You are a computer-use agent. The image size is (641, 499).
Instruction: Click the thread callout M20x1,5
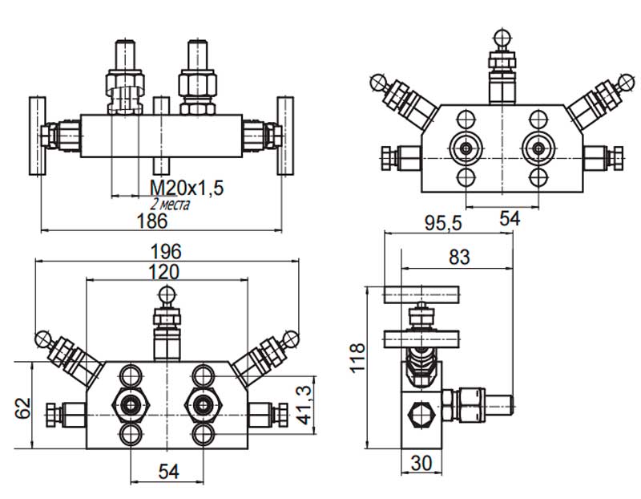[x=187, y=189]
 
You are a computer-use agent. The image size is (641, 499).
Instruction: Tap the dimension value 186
[x=152, y=221]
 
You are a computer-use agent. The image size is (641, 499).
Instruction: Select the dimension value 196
[x=166, y=251]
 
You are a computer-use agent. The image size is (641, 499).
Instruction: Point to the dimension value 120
[x=163, y=272]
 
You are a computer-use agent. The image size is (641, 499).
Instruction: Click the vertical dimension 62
[x=23, y=408]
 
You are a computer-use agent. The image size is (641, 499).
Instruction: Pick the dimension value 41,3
[x=304, y=405]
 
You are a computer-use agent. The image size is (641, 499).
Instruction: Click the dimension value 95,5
[x=443, y=224]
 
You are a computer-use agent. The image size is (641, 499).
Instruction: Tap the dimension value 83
[x=459, y=258]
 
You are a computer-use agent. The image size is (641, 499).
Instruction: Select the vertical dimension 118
[x=357, y=358]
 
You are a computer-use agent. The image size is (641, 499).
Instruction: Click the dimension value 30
[x=421, y=464]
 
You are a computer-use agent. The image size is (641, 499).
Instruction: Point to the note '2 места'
[x=170, y=204]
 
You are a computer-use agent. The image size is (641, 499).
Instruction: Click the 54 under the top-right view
[x=510, y=218]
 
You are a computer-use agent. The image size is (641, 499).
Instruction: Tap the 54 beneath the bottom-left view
[x=168, y=472]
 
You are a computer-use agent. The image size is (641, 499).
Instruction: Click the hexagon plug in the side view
[x=422, y=414]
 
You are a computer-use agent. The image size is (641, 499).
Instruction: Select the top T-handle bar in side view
[x=421, y=294]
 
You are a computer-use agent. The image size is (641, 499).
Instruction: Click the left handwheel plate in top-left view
[x=37, y=136]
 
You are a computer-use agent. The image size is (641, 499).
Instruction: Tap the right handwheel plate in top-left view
[x=285, y=136]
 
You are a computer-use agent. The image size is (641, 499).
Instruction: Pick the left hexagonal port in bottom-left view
[x=131, y=405]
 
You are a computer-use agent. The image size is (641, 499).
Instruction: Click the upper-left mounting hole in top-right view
[x=466, y=120]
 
